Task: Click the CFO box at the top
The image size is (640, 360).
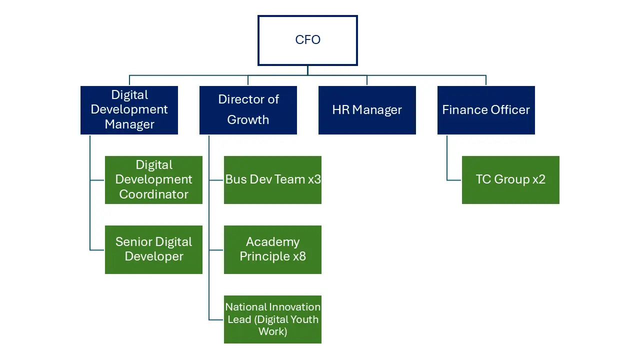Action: [307, 40]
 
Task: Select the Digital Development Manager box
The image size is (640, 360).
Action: [129, 110]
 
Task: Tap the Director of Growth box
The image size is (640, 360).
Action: [248, 110]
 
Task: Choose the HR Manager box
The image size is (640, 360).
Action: [367, 110]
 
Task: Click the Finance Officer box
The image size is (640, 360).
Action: [486, 110]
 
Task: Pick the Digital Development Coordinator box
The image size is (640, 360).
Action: [153, 180]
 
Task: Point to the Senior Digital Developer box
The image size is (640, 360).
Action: [153, 249]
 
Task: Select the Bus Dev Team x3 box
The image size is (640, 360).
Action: [272, 180]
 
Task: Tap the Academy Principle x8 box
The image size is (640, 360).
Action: [272, 249]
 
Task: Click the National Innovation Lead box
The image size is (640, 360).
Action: [272, 319]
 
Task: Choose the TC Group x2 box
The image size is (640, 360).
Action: [510, 180]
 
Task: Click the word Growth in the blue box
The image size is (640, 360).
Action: [248, 120]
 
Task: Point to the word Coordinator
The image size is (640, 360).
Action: [153, 194]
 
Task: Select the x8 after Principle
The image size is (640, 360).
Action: [299, 256]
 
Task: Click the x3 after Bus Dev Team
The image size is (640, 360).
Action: [314, 179]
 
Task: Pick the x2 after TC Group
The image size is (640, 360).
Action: [538, 179]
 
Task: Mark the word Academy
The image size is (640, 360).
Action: [272, 242]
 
